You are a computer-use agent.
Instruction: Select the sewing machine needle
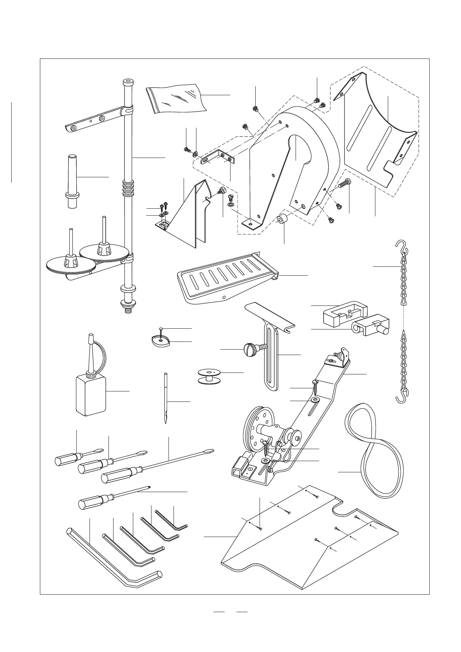point(166,399)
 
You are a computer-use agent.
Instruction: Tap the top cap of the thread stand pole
point(127,82)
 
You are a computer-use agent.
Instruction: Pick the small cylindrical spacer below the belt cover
point(282,220)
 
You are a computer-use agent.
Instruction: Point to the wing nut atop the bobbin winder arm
point(342,353)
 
